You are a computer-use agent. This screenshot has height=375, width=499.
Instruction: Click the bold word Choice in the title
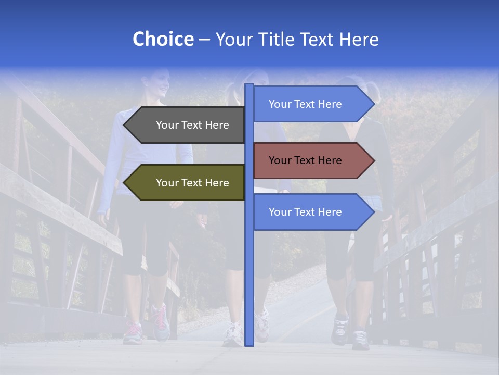coord(163,39)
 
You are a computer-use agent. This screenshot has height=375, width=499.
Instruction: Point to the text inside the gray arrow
coord(192,125)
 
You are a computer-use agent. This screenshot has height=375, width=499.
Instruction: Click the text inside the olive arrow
coord(192,183)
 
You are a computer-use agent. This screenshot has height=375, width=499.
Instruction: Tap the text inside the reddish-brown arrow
coord(305,160)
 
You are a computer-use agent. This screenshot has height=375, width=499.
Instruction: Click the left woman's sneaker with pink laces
coord(133,332)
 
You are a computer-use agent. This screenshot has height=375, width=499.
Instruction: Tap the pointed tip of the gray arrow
coord(125,125)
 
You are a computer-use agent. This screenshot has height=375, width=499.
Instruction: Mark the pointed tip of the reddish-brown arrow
coord(373,160)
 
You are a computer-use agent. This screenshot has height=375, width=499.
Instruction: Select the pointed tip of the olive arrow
coord(125,183)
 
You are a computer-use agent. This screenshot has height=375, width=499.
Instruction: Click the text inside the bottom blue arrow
coord(305,212)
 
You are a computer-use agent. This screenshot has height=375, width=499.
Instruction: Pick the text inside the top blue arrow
coord(305,104)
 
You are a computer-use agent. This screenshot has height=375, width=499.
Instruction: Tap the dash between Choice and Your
coord(204,40)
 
